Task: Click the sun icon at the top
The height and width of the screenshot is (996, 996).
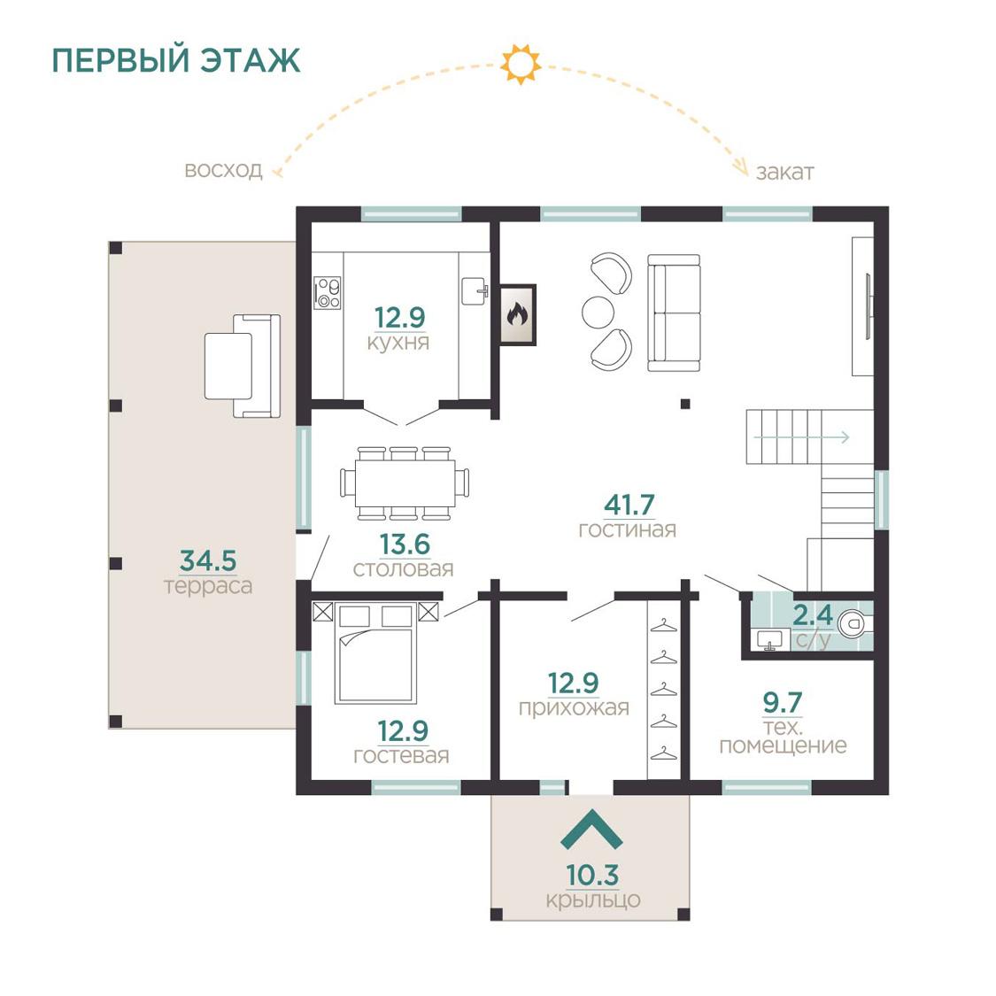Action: point(521,64)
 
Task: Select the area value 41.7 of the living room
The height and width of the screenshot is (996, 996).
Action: point(629,505)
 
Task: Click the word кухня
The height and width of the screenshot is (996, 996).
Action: point(398,343)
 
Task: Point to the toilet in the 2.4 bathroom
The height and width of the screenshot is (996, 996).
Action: point(854,624)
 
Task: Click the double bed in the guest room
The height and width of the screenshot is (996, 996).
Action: point(376,653)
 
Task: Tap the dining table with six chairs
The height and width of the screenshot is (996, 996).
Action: point(405,483)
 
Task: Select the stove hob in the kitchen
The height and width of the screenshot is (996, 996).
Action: point(328,293)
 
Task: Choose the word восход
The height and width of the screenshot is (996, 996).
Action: point(223,170)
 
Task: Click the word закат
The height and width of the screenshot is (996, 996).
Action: point(784,172)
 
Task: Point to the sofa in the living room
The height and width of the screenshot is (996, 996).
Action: point(674,313)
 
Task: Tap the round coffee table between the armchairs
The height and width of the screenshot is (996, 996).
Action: point(598,313)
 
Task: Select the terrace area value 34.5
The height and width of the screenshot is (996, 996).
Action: point(208,561)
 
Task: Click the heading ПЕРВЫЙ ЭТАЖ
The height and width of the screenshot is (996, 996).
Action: point(176,60)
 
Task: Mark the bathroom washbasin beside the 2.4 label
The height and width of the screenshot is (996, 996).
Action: point(770,639)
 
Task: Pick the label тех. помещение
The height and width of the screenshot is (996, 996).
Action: point(783,737)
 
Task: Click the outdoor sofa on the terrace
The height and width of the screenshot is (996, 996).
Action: point(243,366)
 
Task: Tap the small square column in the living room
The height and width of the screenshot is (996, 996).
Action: point(684,404)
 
